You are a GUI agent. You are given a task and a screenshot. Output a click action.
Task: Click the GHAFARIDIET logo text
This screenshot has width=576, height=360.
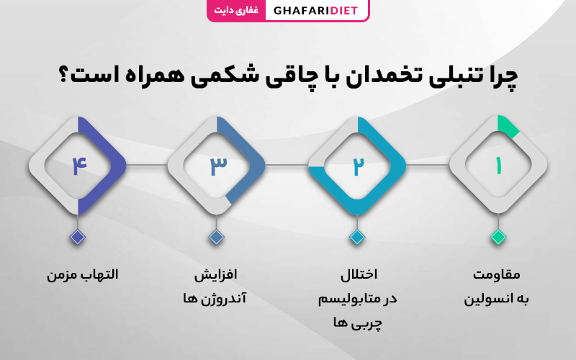[x=315, y=10]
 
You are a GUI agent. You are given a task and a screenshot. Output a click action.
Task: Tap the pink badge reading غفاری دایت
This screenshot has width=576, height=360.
[x=236, y=10]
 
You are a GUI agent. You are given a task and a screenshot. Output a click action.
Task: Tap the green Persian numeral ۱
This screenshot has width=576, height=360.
[x=498, y=166]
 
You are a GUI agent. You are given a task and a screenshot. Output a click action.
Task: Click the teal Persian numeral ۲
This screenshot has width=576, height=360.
[x=358, y=166]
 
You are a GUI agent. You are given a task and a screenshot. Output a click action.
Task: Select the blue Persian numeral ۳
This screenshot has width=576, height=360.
[x=218, y=166]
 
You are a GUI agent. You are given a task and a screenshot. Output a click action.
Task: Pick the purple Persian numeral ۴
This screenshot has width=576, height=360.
[x=79, y=166]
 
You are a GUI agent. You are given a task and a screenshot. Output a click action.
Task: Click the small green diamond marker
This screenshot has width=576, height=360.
[x=498, y=237]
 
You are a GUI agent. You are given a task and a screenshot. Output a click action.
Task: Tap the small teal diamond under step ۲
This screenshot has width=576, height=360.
[x=357, y=237]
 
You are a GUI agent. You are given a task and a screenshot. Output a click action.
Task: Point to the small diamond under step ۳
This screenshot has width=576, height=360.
[x=217, y=237]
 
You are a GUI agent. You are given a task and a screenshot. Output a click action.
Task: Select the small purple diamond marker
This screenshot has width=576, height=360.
[x=78, y=237]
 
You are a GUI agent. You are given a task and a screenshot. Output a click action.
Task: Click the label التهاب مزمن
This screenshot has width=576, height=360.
[x=82, y=275]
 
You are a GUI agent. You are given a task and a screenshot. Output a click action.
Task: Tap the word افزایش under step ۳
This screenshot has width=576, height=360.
[x=215, y=275]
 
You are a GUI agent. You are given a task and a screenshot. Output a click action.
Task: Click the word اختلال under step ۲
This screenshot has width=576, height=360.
[x=359, y=274]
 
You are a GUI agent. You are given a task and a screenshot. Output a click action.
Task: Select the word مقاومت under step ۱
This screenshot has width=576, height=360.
[x=496, y=275]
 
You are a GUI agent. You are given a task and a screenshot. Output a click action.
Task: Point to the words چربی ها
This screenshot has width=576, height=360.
[x=357, y=323]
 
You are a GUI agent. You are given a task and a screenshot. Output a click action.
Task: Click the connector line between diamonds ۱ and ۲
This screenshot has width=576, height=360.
[x=427, y=165]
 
